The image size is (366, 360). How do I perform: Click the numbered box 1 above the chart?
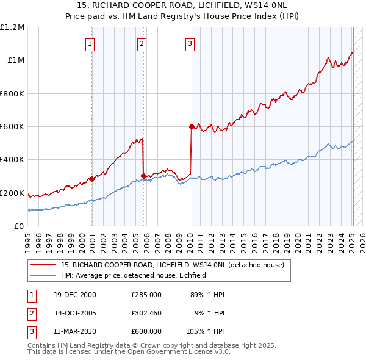[90, 43]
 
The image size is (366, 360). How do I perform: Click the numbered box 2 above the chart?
[142, 43]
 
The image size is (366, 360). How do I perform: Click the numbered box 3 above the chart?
[190, 43]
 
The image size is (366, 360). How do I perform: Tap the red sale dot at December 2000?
[92, 179]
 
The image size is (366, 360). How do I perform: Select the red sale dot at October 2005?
[144, 176]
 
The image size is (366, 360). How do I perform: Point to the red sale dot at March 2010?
[192, 127]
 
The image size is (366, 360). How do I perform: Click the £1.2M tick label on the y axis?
[12, 27]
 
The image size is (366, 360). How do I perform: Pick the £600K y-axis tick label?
[12, 127]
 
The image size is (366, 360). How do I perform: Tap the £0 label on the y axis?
[19, 226]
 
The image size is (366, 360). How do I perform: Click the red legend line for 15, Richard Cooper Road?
[45, 265]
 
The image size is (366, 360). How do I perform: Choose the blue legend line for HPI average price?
[45, 275]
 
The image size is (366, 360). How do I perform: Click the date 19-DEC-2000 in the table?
[75, 295]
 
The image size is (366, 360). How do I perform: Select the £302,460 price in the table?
[146, 313]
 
